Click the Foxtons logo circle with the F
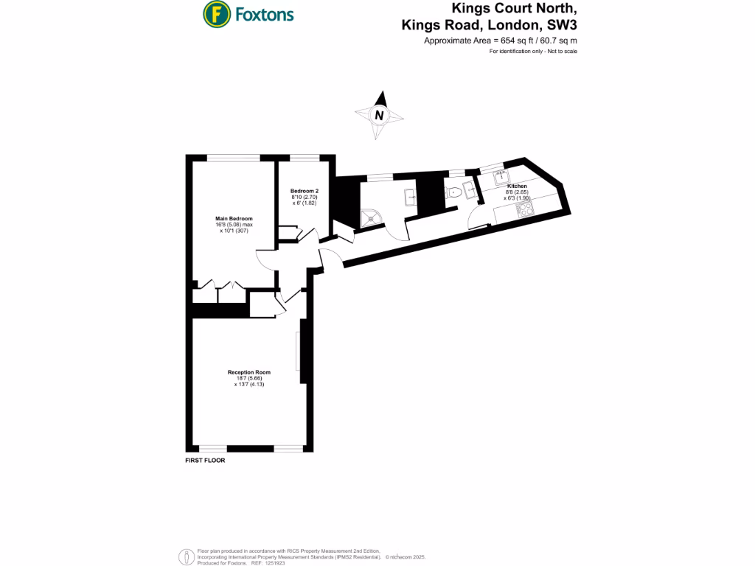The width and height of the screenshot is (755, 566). [215, 13]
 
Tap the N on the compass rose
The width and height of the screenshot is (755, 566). [379, 115]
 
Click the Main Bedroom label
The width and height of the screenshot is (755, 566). [234, 219]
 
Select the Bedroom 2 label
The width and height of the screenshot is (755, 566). [305, 191]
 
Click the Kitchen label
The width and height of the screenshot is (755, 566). [516, 186]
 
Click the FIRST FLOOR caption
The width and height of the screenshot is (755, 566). [205, 460]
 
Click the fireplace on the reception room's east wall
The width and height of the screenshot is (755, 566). [299, 352]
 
